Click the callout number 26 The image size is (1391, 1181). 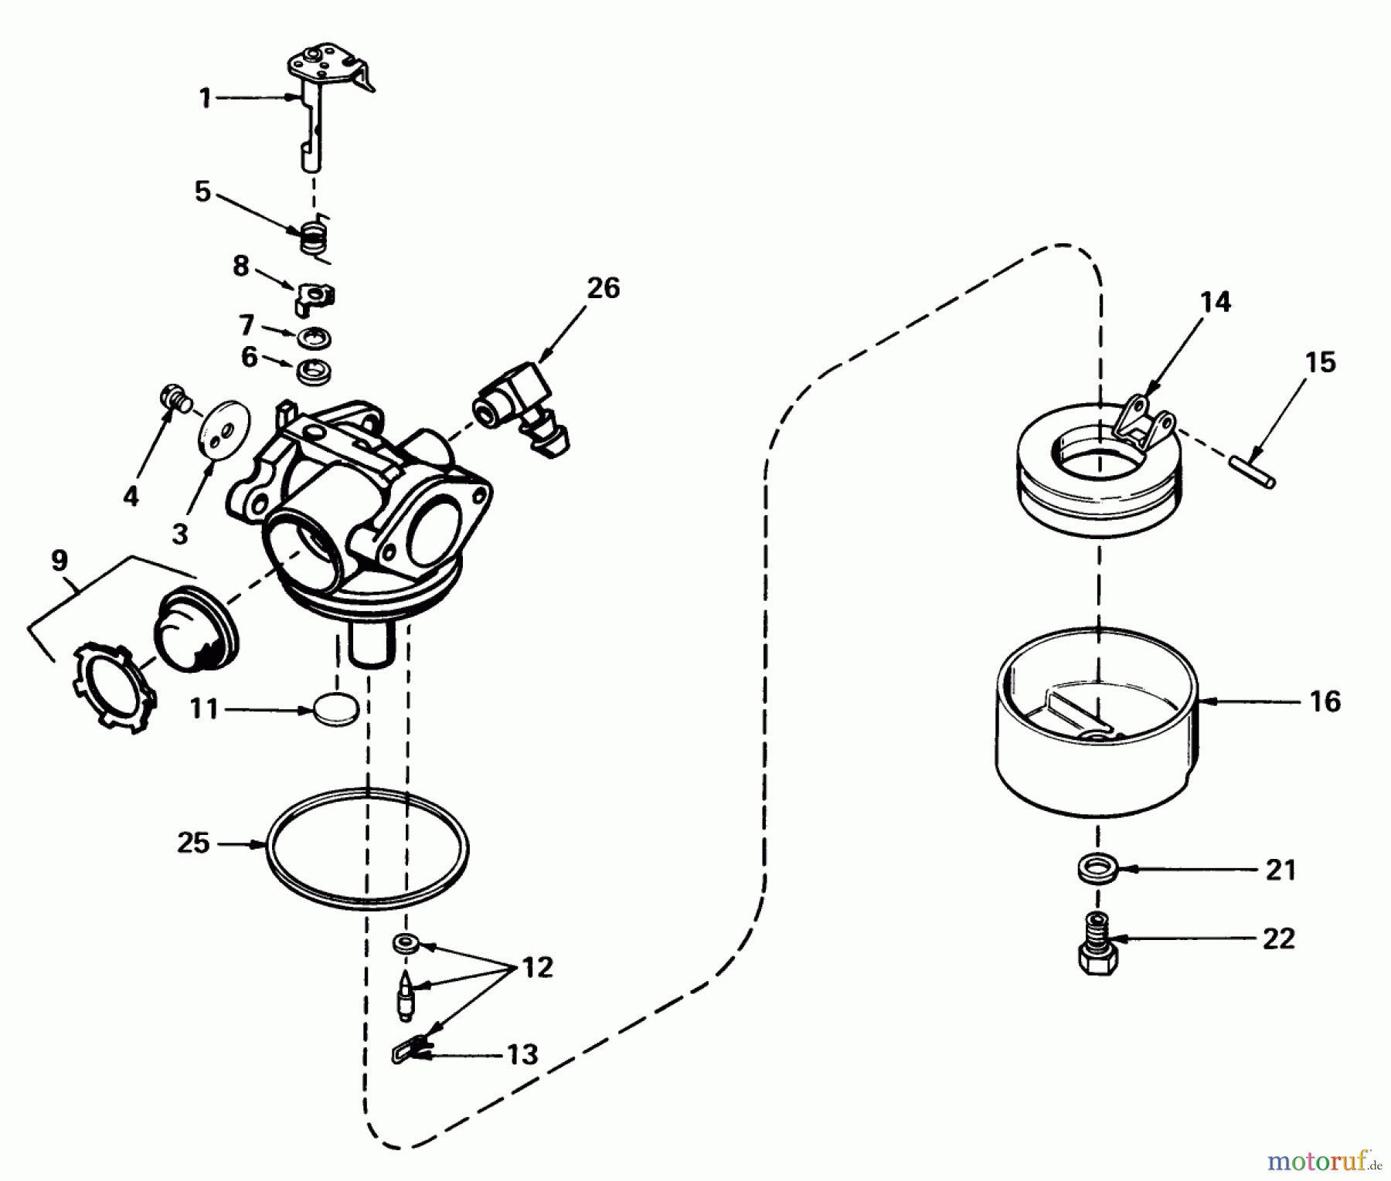(603, 288)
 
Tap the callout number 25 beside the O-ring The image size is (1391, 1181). (193, 843)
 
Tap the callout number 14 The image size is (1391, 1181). (1216, 301)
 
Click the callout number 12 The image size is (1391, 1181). (537, 967)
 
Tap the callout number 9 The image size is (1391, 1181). (60, 560)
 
